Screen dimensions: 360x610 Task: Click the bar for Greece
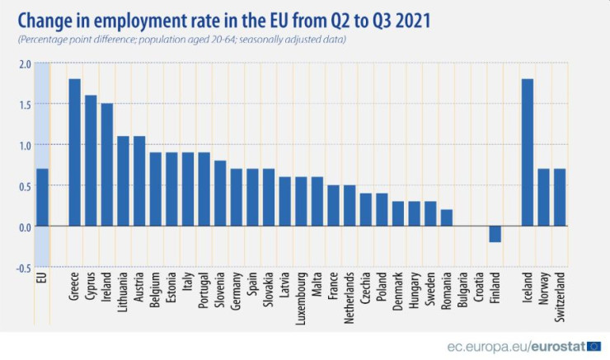74,152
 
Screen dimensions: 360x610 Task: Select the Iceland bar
528,152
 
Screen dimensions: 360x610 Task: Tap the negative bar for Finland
495,234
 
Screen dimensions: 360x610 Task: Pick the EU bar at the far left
42,198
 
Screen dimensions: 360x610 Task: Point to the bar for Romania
446,218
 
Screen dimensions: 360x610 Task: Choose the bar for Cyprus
91,161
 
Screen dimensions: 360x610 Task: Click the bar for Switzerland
560,198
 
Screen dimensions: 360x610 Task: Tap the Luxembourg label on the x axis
301,296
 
